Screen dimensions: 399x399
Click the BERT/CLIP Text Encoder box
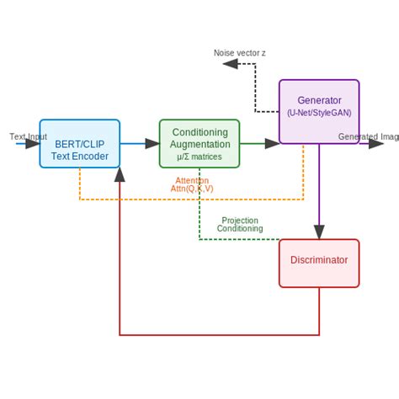79,143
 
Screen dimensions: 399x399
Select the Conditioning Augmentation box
199,143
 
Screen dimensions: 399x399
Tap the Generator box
319,111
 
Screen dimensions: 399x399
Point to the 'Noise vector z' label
240,53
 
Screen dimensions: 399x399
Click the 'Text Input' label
28,136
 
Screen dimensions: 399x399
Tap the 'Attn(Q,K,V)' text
192,189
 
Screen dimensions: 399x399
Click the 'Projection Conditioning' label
240,224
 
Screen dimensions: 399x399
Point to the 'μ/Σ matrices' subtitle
199,157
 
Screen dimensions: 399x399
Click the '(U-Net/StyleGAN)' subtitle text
319,112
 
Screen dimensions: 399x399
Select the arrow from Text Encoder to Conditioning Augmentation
140,144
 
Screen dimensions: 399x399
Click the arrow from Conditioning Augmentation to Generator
259,144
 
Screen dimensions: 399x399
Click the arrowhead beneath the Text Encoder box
120,175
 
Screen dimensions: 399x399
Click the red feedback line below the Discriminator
219,335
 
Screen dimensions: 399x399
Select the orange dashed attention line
192,199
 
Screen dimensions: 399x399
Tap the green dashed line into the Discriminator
240,239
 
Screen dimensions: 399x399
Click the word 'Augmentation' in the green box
199,144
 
